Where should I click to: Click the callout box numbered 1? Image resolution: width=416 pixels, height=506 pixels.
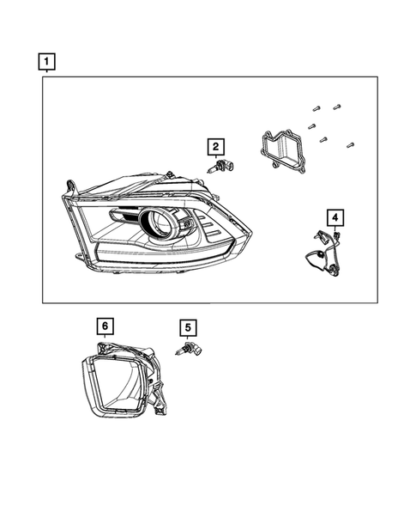(46, 61)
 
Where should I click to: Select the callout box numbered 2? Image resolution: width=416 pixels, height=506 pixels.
(214, 146)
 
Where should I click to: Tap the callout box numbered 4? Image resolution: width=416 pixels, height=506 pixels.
(335, 216)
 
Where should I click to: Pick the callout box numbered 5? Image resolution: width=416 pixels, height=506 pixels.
(188, 327)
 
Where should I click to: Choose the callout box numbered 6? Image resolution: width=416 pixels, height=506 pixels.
(103, 326)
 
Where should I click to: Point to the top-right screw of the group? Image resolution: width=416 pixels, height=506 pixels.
(336, 106)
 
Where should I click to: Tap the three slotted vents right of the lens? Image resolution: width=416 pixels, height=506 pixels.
(208, 229)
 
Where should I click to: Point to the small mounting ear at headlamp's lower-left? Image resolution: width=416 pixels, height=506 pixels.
(81, 257)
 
